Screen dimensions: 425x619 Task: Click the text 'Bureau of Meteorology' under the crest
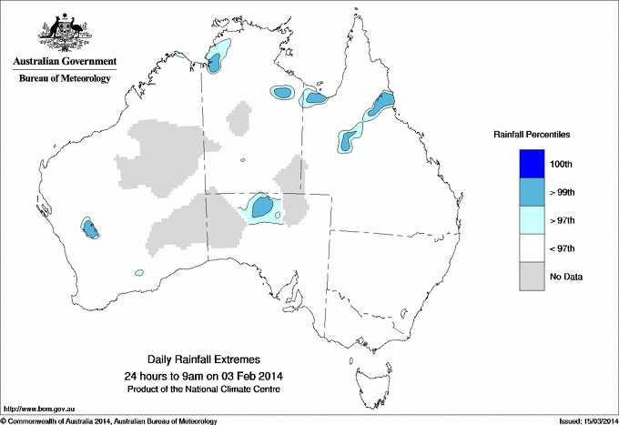(64, 79)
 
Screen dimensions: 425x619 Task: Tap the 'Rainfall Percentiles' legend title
(532, 134)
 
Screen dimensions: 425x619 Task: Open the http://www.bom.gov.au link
(38, 409)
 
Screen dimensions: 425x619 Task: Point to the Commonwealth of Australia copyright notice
(109, 420)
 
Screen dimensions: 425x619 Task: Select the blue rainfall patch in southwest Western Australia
(90, 228)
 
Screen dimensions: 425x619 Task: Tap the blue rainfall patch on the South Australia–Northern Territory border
(263, 207)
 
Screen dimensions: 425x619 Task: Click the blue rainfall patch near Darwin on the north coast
(216, 61)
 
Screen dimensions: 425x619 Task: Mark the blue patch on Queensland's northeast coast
(383, 104)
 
